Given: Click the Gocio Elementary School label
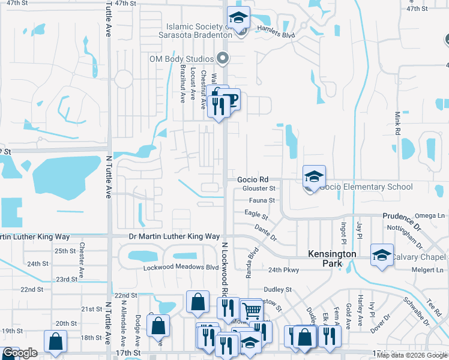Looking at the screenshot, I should [366, 187].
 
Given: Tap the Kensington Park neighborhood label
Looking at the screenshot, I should [332, 254].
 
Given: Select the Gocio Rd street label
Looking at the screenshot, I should [252, 179].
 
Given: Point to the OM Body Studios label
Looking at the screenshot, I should [181, 59].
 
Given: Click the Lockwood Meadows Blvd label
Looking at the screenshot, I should [180, 267].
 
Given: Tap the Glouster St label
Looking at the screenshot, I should [259, 188].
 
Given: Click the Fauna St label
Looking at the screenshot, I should [262, 200].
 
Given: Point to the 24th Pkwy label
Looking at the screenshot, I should [283, 270].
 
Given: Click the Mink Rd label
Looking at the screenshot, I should [397, 122].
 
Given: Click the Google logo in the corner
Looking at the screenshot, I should [20, 353].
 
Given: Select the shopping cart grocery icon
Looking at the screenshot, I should [252, 311].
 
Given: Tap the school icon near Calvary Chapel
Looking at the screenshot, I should [382, 256].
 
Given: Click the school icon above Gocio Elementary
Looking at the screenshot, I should [314, 176].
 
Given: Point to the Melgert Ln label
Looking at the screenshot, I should [424, 271].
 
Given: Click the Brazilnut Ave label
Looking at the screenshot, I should [182, 84].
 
